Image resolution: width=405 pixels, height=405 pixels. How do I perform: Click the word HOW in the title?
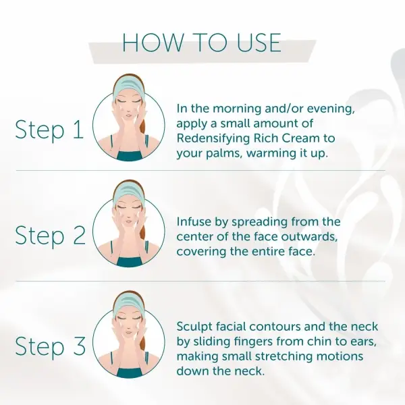(153, 43)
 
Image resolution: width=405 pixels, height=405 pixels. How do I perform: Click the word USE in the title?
(259, 43)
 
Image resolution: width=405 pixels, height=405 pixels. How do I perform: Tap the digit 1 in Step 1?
(78, 130)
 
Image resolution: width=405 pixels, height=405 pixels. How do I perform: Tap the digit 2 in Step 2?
(79, 235)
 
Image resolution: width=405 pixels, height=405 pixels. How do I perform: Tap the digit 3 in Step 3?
(79, 346)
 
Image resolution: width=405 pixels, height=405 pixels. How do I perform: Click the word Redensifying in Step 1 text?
(213, 139)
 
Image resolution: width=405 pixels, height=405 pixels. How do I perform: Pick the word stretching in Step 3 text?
(283, 357)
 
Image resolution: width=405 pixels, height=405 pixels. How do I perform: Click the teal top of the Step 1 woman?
(130, 156)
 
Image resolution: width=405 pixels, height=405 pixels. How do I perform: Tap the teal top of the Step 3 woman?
(130, 373)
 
